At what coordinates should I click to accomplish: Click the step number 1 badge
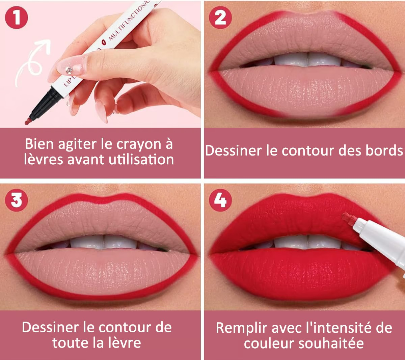(17, 18)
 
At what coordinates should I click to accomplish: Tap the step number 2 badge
(220, 18)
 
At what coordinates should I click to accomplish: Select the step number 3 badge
(17, 200)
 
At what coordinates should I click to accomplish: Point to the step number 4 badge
(220, 200)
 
